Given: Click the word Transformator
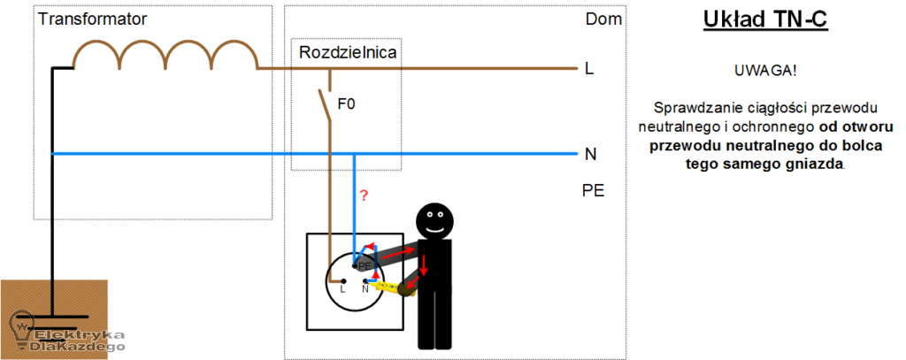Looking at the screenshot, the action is (92, 19).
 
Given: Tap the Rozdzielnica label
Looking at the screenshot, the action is (348, 52).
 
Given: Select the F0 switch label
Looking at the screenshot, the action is (347, 104).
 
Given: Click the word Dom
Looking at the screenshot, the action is (603, 19).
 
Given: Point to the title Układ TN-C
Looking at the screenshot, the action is (765, 19).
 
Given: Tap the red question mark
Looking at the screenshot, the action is (364, 195).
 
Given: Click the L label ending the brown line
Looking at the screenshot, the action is (589, 69).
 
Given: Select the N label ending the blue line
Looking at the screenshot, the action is (590, 154).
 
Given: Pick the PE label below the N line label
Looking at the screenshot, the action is (594, 191).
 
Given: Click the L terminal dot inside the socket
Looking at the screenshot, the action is (342, 281).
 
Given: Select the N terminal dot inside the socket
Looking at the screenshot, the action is (365, 281).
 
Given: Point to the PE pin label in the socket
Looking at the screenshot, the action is (364, 266).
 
